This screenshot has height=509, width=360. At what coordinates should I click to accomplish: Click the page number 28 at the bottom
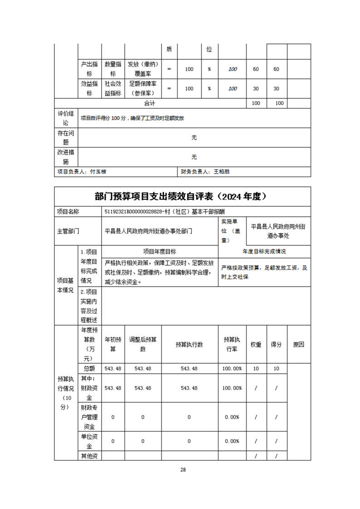[x=183, y=470]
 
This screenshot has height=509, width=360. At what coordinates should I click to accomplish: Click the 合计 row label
[x=150, y=103]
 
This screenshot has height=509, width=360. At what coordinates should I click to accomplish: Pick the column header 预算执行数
[x=189, y=344]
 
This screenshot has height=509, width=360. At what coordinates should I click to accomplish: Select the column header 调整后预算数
[x=143, y=344]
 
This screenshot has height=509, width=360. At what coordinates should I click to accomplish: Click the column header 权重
[x=256, y=344]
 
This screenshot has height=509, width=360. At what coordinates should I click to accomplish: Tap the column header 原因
[x=299, y=344]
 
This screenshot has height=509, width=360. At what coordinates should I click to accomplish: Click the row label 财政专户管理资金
[x=89, y=417]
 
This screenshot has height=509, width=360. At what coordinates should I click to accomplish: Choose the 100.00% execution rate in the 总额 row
[x=232, y=369]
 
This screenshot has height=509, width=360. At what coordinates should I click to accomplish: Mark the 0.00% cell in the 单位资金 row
[x=232, y=441]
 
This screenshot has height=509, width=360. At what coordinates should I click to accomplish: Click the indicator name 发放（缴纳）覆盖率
[x=143, y=69]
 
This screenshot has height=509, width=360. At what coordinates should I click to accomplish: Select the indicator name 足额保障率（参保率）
[x=143, y=88]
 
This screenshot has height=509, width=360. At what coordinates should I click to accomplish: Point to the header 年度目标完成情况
[x=264, y=251]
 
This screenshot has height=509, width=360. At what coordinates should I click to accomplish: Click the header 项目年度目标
[x=159, y=251]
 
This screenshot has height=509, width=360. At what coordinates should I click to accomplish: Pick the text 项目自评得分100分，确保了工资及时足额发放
[x=133, y=118]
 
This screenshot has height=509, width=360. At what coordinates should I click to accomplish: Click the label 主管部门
[x=68, y=231]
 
